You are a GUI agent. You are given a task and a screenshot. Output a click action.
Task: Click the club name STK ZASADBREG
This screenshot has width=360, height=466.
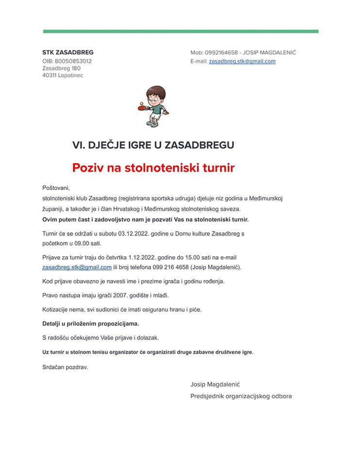coord(68,52)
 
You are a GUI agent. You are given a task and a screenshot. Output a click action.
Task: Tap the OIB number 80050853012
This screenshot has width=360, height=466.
coord(73,61)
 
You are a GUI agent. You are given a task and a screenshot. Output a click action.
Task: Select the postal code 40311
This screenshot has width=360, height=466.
coord(49,75)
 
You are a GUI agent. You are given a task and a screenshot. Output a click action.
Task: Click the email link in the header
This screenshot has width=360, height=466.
coord(242,61)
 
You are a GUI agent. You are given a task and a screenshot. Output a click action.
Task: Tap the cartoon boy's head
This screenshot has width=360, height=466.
coord(156,95)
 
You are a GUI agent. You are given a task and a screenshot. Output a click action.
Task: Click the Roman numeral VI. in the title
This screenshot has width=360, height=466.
coord(79,145)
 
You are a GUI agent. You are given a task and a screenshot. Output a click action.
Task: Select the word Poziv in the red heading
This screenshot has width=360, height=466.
coord(89,168)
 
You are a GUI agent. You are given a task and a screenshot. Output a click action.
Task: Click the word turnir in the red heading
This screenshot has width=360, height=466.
coord(218,168)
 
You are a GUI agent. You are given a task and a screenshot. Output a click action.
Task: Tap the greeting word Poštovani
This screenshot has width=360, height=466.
coord(56,188)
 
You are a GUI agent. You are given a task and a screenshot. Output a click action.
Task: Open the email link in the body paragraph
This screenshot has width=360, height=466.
coord(77,267)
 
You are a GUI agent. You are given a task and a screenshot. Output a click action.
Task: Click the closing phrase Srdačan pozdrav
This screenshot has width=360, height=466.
coord(65,367)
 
